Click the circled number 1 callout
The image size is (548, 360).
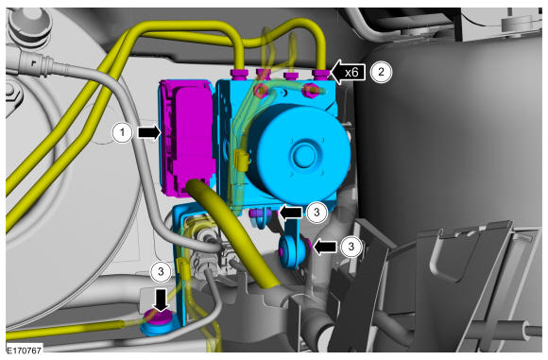pos(122,133)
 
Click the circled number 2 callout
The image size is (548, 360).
pos(381,72)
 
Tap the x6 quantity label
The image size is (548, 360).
pos(351,73)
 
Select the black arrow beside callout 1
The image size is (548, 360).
pos(149,133)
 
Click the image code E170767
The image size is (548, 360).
pos(25,350)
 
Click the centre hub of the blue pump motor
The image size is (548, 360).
pos(301,154)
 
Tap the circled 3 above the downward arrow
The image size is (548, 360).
pos(161,271)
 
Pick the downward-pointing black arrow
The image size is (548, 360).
pos(162,300)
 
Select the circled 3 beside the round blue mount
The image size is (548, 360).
pos(351,247)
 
